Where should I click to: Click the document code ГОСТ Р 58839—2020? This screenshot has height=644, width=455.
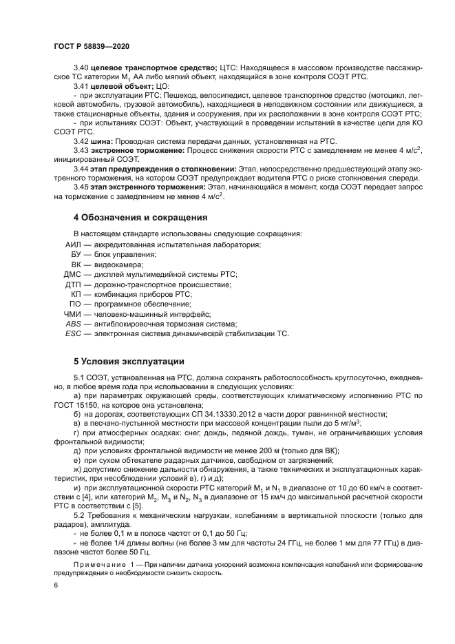click(92, 45)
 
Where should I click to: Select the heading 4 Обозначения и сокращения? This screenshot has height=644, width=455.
click(140, 218)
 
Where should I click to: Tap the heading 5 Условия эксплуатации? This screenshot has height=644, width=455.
click(129, 361)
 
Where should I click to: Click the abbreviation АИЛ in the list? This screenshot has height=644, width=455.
click(73, 245)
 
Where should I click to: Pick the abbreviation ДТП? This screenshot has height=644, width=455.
click(73, 284)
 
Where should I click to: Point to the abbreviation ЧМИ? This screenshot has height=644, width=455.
click(74, 313)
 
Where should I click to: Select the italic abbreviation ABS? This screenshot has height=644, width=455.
click(74, 324)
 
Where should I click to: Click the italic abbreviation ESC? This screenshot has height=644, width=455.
click(74, 333)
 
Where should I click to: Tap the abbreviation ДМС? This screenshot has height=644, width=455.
click(73, 274)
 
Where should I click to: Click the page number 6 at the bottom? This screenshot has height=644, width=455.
click(55, 585)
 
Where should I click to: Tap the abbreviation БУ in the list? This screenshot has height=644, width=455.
click(76, 254)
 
